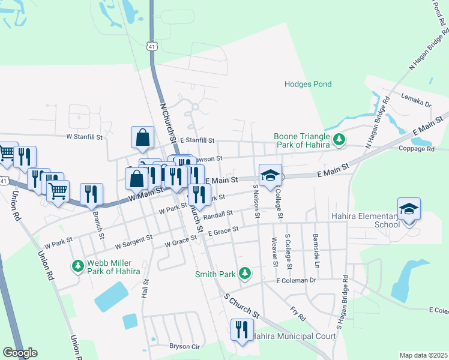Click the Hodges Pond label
307,84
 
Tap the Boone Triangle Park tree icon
339,140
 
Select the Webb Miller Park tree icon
77,265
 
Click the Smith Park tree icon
244,274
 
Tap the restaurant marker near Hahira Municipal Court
242,330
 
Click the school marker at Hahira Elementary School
409,210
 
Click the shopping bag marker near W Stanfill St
143,137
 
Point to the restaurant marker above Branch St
91,194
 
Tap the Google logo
20,353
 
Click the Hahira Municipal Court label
294,336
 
